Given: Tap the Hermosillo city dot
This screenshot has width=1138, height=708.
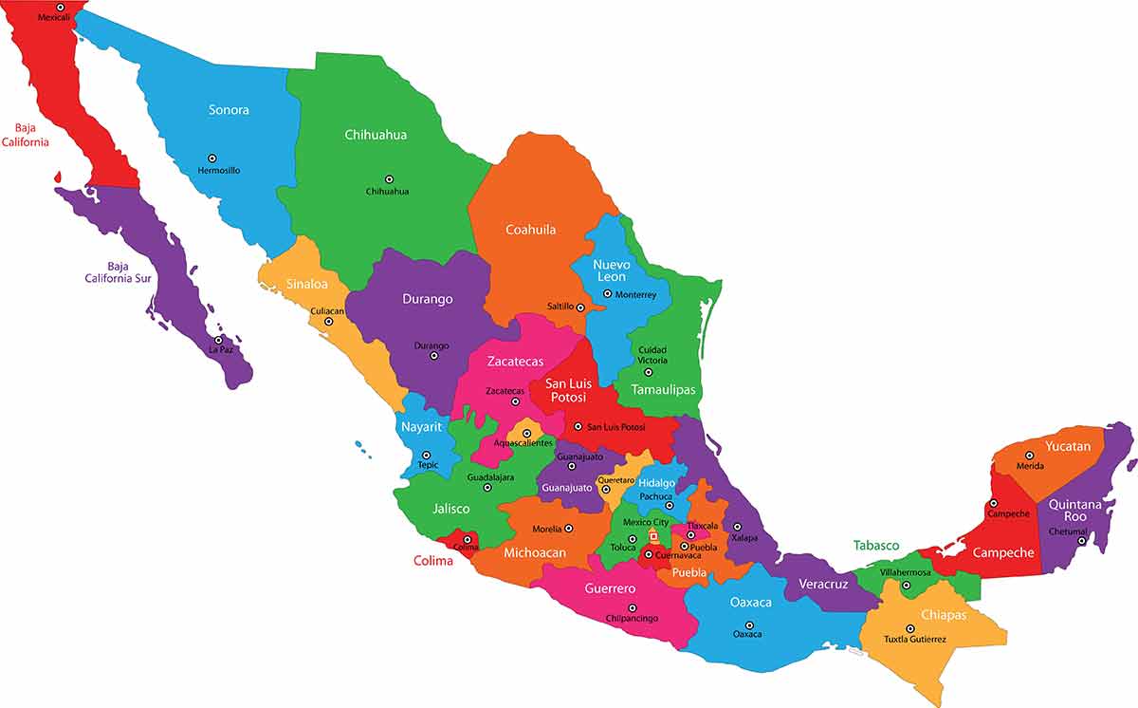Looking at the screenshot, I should tap(212, 158).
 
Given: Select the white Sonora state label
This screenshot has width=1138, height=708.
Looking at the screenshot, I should tap(229, 110).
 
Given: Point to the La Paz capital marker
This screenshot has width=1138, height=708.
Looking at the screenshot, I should tap(219, 340).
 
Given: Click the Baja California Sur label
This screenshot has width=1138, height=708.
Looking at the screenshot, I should tap(118, 272).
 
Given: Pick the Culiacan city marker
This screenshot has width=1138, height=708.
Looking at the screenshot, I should tap(329, 322).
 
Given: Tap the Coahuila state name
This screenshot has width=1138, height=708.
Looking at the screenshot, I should tap(530, 230).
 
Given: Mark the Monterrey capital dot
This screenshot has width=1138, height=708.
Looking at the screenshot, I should tap(608, 293).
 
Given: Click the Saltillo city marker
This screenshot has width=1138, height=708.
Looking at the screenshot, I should tap(580, 307).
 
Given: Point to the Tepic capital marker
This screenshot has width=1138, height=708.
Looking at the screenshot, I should tap(426, 455).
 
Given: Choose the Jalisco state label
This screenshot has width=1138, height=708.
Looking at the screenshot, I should tap(450, 509).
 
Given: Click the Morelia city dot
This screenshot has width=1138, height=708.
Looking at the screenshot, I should tap(569, 529).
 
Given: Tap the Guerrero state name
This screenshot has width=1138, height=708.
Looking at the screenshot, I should tap(610, 588).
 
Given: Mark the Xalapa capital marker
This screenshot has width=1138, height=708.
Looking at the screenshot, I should tap(736, 526).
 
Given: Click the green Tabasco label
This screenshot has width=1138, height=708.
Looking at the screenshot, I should tap(875, 546).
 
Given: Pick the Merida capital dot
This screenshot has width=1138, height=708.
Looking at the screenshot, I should tap(1029, 456).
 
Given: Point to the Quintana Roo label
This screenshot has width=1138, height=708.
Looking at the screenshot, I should tap(1074, 511).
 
